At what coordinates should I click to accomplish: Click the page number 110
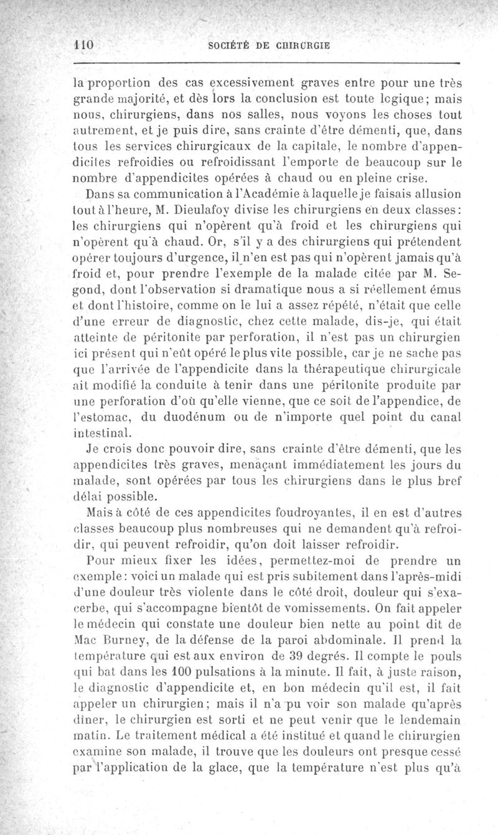point(83,45)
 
